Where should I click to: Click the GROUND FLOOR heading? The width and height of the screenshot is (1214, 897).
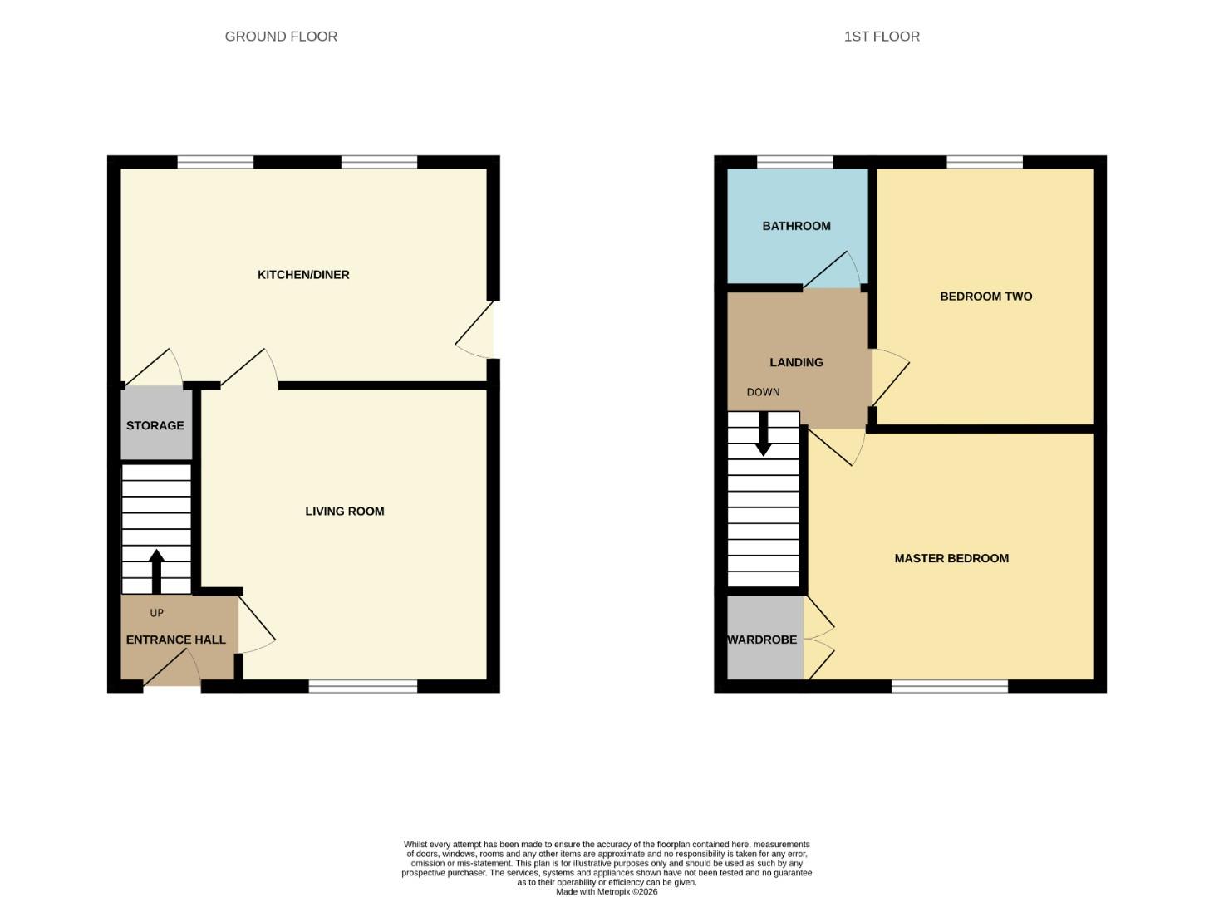tap(281, 37)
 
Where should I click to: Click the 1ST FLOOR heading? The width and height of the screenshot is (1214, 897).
tap(882, 37)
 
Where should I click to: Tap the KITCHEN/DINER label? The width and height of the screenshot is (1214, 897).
tap(303, 275)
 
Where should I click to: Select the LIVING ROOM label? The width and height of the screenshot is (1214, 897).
tap(344, 512)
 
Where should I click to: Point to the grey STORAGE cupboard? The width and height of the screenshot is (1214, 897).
tap(156, 424)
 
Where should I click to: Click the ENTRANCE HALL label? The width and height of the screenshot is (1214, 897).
tap(175, 640)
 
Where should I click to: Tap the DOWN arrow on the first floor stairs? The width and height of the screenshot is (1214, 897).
tap(763, 434)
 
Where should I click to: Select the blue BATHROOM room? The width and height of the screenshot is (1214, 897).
tap(796, 226)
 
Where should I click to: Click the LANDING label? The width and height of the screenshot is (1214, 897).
tap(796, 362)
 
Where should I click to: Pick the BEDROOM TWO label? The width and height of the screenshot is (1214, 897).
tap(985, 297)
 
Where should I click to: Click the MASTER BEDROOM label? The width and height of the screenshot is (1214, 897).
tap(951, 559)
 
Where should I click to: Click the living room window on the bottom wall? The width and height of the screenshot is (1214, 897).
tap(363, 686)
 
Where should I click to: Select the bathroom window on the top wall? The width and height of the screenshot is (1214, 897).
tap(795, 162)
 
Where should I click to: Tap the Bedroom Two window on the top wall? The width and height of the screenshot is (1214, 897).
tap(985, 162)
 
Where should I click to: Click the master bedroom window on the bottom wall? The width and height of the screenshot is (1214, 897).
tap(950, 686)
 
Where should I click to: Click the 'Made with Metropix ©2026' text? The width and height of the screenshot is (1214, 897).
tap(607, 892)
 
